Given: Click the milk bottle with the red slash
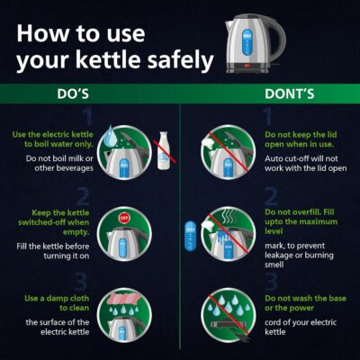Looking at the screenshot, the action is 164,150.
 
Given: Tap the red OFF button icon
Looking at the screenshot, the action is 124,218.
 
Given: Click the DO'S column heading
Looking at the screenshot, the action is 73,94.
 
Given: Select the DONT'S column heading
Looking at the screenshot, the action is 290,94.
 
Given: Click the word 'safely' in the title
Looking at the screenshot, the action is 180,60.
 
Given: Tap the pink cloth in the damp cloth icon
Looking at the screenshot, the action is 125,299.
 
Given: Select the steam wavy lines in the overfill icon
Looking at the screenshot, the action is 230,217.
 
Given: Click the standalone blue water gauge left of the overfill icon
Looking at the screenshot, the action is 191,236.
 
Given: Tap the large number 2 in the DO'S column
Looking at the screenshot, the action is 83,196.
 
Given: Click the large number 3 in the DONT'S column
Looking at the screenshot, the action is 272,282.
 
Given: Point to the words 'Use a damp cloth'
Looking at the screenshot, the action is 57,299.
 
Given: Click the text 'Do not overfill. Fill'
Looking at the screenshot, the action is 300,212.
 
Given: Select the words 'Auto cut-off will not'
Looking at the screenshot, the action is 301,158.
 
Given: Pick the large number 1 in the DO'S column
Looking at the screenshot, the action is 87,117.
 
